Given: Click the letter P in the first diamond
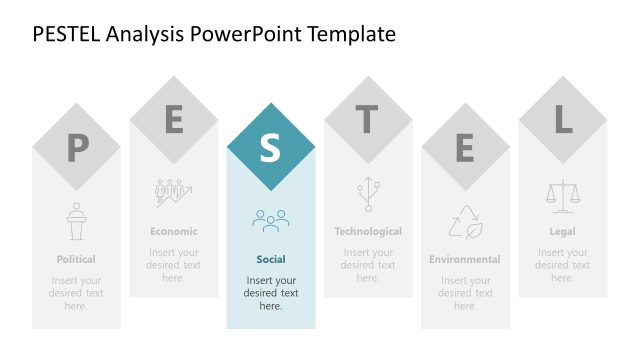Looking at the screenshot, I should [76, 149].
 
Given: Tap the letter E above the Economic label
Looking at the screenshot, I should [174, 120].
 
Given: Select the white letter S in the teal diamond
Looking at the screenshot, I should [270, 147].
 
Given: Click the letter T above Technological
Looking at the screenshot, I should [367, 120].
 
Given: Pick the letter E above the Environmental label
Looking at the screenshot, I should [464, 148].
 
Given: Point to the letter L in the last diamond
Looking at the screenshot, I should [562, 120].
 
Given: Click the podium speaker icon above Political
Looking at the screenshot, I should [76, 221].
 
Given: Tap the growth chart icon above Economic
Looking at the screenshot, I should [174, 193].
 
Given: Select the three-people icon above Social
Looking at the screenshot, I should [270, 220].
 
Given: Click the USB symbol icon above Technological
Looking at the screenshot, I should [367, 193].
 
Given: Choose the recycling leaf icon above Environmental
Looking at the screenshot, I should [464, 221].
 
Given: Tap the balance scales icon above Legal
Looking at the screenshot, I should [562, 193].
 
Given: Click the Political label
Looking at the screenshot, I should [76, 259].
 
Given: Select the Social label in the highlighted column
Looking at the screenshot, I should [270, 259].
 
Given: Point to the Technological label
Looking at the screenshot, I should [367, 231].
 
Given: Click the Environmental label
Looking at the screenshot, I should [464, 259].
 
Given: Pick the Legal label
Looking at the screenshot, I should [562, 231].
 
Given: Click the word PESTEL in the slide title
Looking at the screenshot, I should [67, 34].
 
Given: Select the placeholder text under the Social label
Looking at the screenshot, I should [270, 293].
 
